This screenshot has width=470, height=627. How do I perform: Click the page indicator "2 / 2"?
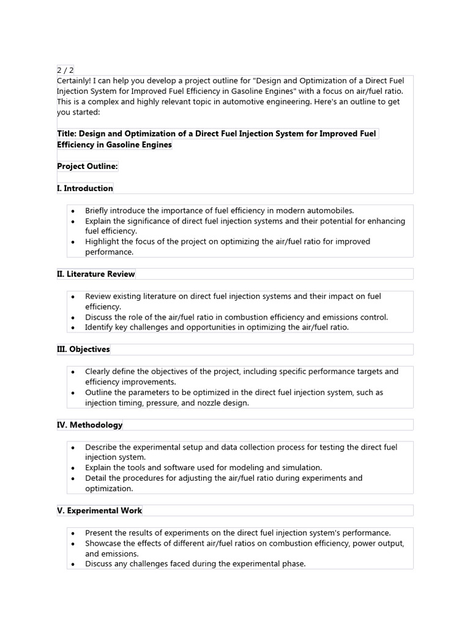pyautogui.click(x=65, y=70)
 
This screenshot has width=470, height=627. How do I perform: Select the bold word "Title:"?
pyautogui.click(x=67, y=133)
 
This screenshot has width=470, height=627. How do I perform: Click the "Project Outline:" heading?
pyautogui.click(x=87, y=167)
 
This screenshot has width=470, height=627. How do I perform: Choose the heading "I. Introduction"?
pyautogui.click(x=84, y=188)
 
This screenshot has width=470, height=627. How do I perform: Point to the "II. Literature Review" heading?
pyautogui.click(x=95, y=274)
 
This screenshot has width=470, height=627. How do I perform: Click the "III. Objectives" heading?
pyautogui.click(x=83, y=349)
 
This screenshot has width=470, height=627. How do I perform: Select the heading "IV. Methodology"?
pyautogui.click(x=89, y=424)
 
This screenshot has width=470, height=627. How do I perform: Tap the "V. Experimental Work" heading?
pyautogui.click(x=99, y=510)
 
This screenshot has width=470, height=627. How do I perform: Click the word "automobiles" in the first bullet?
pyautogui.click(x=330, y=210)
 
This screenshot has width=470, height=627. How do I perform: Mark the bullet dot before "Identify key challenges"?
pyautogui.click(x=73, y=328)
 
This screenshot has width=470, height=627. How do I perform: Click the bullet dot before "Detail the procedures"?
pyautogui.click(x=73, y=478)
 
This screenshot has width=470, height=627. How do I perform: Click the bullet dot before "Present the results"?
pyautogui.click(x=73, y=533)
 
